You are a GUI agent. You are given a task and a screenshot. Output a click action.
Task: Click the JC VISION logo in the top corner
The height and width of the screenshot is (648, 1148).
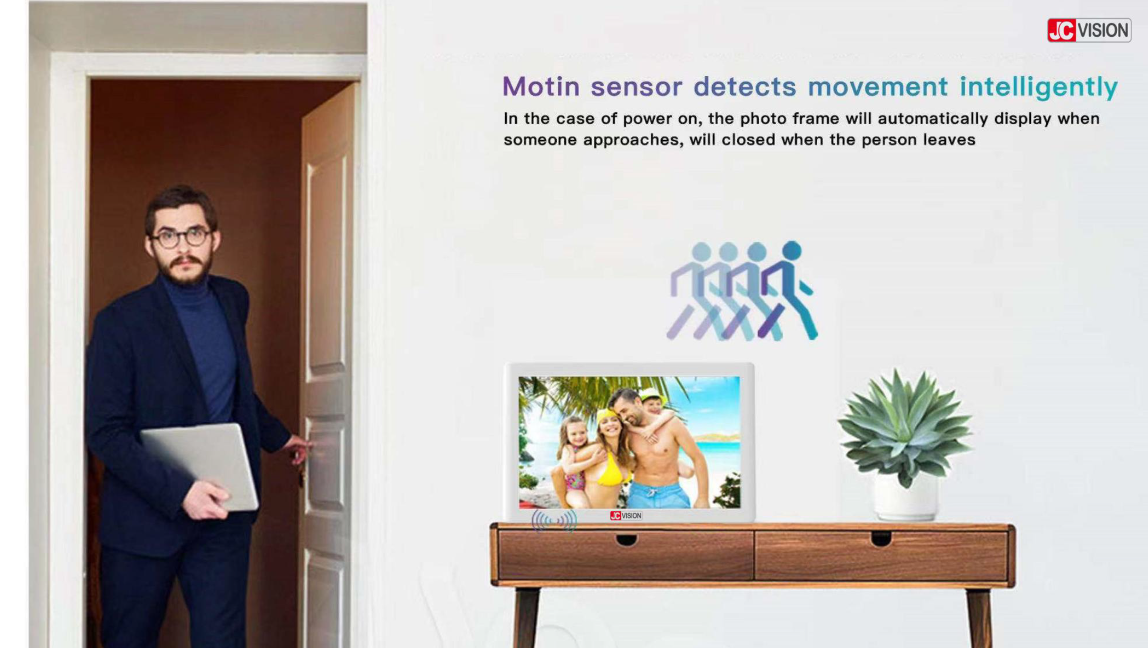pos(1088,30)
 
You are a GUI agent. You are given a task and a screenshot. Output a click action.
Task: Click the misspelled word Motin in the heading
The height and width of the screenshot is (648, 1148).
pos(541,86)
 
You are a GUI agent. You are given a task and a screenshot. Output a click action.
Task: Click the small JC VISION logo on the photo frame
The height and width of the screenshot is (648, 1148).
pos(626,515)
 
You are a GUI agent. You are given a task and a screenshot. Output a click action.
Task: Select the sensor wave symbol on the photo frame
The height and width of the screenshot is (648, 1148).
pos(554,521)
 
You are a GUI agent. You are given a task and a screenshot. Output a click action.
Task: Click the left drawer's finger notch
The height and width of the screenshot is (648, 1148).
pos(626,540)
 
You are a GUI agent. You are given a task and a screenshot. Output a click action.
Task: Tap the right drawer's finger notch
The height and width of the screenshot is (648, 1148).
pos(881,539)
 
